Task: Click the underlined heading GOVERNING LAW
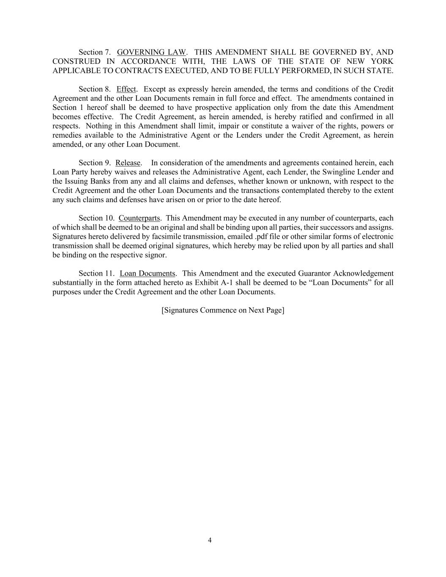[151, 52]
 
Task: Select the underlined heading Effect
[126, 89]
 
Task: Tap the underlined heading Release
[128, 163]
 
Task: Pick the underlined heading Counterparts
[139, 218]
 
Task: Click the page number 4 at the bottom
[210, 540]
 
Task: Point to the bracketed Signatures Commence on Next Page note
[223, 310]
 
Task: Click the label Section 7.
[95, 52]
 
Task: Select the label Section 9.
[95, 163]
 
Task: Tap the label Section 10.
[96, 218]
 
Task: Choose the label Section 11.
[96, 273]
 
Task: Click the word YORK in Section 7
[382, 62]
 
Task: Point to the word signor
[156, 255]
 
